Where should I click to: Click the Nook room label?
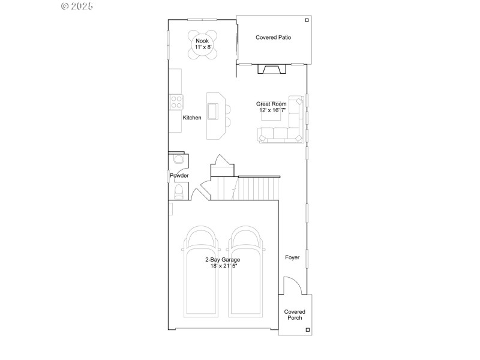click(202, 40)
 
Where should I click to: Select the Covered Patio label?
click(273, 37)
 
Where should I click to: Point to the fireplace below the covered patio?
click(272, 70)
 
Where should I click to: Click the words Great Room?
click(271, 104)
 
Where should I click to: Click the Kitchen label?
click(192, 118)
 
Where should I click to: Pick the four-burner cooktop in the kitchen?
click(176, 102)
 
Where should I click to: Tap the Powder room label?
click(179, 175)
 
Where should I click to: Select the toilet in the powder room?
click(178, 191)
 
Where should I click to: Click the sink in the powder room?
click(178, 160)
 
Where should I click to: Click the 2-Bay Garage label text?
click(223, 259)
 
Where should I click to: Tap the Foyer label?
click(292, 258)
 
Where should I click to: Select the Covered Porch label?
click(295, 314)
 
